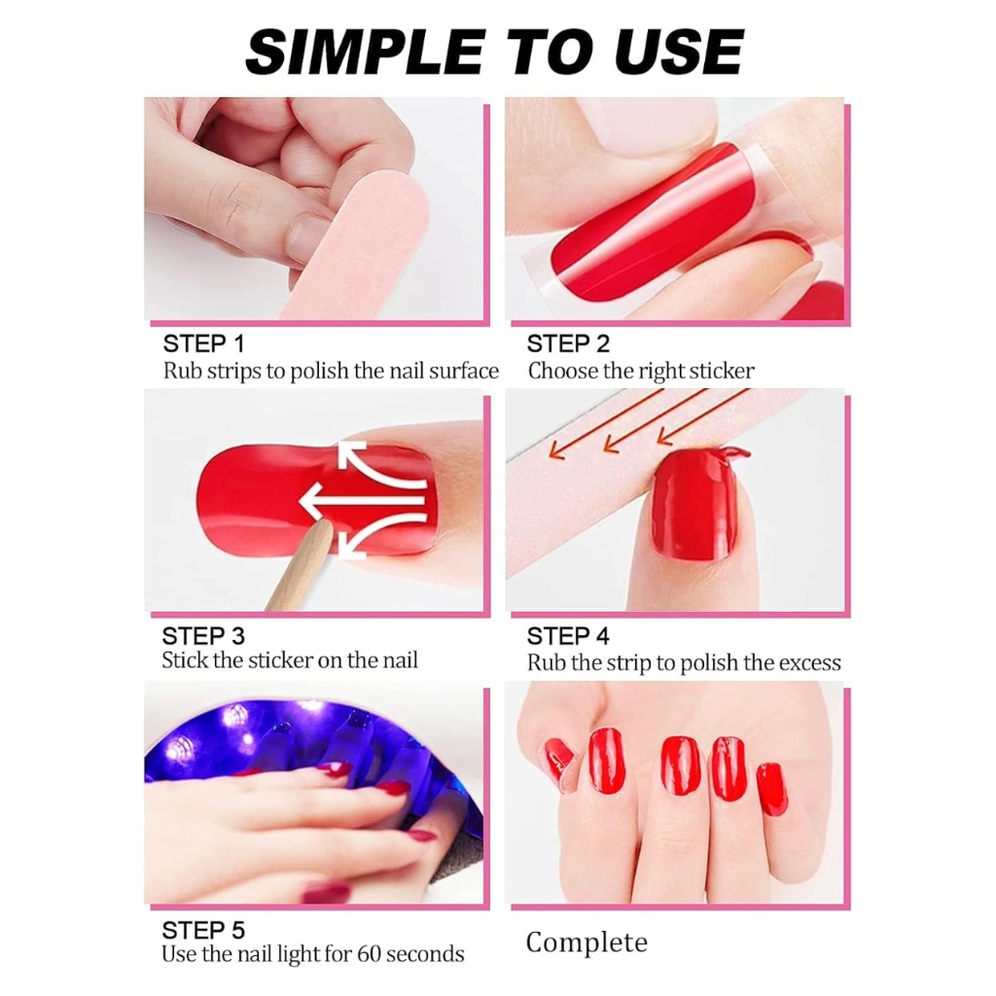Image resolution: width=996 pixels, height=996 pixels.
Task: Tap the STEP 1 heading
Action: [203, 343]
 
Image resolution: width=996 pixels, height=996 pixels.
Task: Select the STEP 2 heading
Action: [568, 343]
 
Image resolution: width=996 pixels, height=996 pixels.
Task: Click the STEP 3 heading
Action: [203, 636]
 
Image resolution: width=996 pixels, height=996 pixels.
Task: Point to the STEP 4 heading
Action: [568, 637]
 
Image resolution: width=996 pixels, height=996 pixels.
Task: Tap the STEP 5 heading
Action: [203, 929]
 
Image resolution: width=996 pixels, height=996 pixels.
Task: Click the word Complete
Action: [587, 943]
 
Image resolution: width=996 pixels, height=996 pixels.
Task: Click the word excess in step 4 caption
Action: [809, 663]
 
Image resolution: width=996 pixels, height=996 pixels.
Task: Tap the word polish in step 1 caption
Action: [321, 371]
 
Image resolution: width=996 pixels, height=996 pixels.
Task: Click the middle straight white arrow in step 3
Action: [360, 503]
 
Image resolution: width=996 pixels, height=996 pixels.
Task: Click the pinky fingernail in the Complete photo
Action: [772, 788]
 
